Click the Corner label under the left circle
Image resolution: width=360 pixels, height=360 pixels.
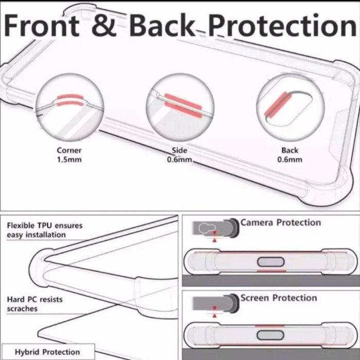point(69,151)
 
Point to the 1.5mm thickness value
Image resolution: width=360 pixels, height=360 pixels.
point(69,159)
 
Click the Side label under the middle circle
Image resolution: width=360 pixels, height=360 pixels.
point(179,151)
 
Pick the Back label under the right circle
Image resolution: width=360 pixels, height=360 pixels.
point(290,151)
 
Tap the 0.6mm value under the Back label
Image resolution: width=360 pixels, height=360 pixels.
point(290,159)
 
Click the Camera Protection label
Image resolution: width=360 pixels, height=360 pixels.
point(280,223)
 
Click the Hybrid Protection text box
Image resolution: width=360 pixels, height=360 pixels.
point(47,352)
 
